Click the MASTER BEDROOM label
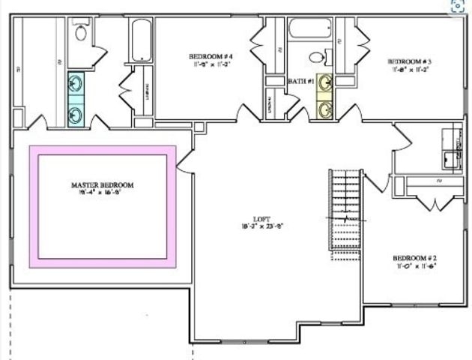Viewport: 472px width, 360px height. [x=102, y=184]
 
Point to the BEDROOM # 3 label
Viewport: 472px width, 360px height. [x=409, y=61]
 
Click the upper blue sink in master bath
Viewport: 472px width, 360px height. [x=76, y=82]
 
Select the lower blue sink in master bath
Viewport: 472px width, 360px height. [x=76, y=113]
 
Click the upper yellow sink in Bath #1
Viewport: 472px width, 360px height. [x=325, y=82]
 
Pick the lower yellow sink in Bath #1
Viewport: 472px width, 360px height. [x=325, y=109]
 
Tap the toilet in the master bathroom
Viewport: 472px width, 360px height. [x=82, y=31]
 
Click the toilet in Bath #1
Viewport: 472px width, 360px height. [x=318, y=56]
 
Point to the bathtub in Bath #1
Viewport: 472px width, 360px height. [x=310, y=28]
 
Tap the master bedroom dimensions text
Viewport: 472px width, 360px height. [x=102, y=193]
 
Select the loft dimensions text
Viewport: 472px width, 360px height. [x=261, y=225]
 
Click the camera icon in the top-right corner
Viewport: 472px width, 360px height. [x=457, y=7]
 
